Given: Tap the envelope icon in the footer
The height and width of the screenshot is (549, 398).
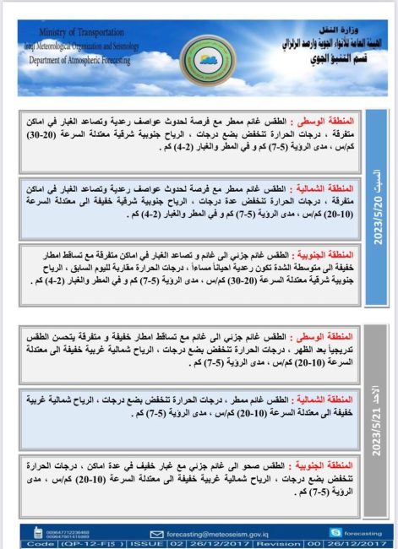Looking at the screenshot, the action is coord(155,532).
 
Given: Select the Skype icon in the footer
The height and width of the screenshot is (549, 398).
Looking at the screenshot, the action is coord(313,532).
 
